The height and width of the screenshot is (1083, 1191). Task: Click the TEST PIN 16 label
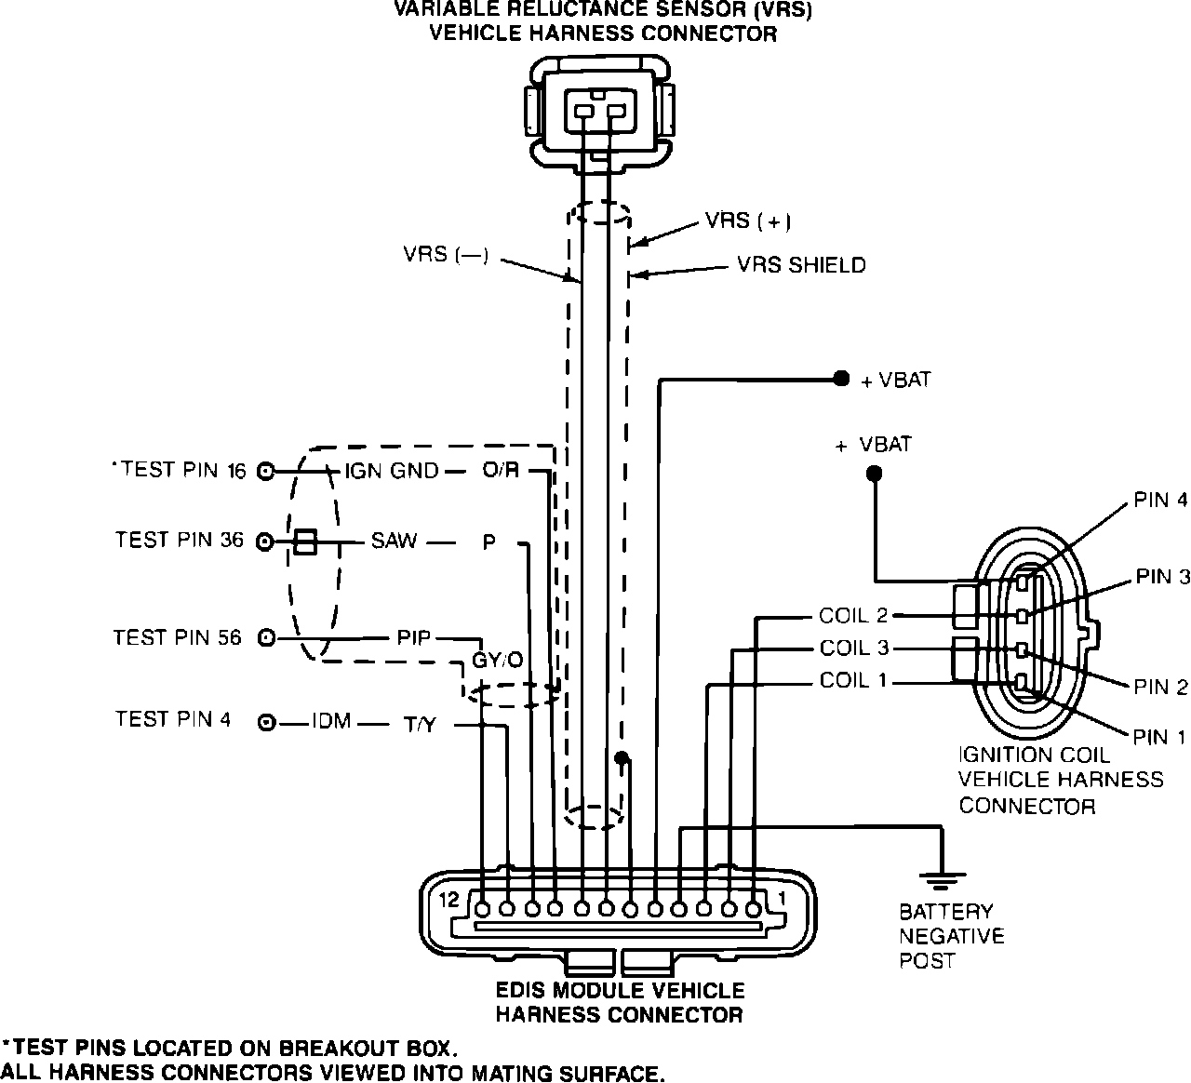click(x=183, y=470)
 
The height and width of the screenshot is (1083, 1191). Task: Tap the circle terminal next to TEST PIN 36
click(x=266, y=541)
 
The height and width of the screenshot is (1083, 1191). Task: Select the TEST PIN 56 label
click(x=178, y=637)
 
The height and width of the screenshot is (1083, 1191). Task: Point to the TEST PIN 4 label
click(x=173, y=719)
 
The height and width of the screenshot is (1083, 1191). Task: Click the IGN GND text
click(x=392, y=471)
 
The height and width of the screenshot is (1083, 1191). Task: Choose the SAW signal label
click(x=394, y=541)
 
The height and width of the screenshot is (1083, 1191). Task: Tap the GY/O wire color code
click(x=498, y=661)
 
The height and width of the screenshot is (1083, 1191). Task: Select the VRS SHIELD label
click(x=801, y=265)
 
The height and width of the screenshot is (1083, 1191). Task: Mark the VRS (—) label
click(x=446, y=254)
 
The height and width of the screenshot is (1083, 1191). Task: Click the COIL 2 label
click(x=853, y=616)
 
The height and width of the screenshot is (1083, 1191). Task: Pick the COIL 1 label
click(x=853, y=681)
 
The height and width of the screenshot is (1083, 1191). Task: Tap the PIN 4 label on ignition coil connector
click(x=1160, y=501)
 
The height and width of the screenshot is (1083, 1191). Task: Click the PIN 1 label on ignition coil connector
click(x=1159, y=738)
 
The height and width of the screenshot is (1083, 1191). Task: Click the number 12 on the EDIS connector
click(x=450, y=900)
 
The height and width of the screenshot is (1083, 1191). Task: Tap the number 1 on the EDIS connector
click(x=783, y=900)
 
